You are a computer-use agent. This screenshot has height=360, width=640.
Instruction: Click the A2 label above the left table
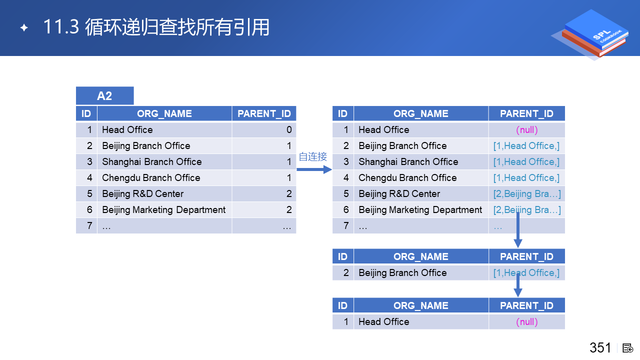tap(104, 95)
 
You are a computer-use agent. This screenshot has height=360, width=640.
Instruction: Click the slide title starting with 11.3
tap(156, 27)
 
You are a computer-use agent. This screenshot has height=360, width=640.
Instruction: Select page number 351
tap(600, 347)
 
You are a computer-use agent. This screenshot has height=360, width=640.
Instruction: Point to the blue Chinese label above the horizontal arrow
tap(313, 156)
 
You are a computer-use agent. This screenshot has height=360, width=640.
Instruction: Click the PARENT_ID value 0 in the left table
tap(289, 129)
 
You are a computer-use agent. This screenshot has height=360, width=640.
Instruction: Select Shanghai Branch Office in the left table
tap(151, 161)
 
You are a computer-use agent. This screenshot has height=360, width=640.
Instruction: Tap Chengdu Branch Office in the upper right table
tap(407, 177)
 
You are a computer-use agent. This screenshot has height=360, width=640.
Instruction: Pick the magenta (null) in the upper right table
tap(527, 130)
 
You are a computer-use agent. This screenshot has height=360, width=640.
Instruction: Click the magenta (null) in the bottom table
tap(527, 322)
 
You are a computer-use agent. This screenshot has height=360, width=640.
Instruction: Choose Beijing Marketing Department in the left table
tap(163, 209)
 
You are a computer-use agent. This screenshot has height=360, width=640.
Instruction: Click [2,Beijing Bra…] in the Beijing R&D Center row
tap(527, 194)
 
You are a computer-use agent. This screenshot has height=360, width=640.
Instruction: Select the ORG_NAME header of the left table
tap(164, 113)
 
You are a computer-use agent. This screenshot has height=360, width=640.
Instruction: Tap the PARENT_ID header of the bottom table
tap(526, 305)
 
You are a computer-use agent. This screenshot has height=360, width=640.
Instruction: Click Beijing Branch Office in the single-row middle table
tap(402, 273)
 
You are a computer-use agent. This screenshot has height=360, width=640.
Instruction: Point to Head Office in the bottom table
tap(383, 321)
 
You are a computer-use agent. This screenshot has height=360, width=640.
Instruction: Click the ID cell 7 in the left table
tap(89, 225)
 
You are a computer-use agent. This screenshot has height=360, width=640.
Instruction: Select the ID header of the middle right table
tap(342, 256)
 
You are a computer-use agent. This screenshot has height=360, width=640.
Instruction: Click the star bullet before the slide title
tap(24, 27)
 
